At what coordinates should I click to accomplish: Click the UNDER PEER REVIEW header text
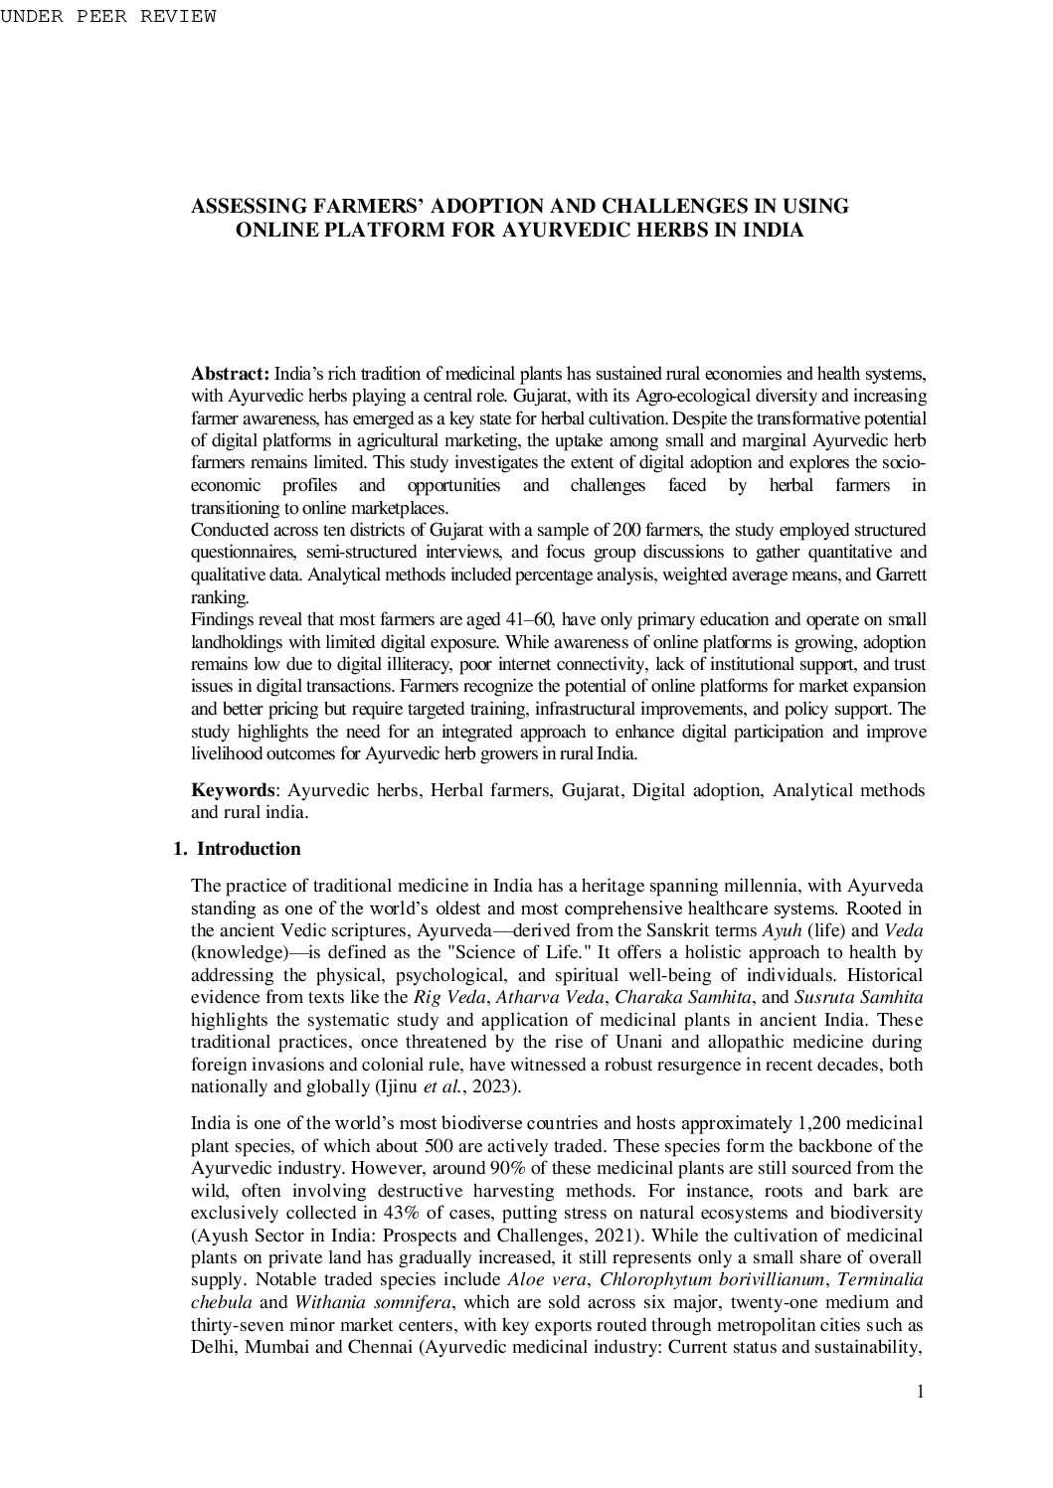(x=107, y=17)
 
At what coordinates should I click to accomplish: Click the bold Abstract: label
(x=230, y=374)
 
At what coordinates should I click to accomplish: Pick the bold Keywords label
(x=233, y=790)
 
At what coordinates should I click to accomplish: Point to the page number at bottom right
(x=921, y=1392)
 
